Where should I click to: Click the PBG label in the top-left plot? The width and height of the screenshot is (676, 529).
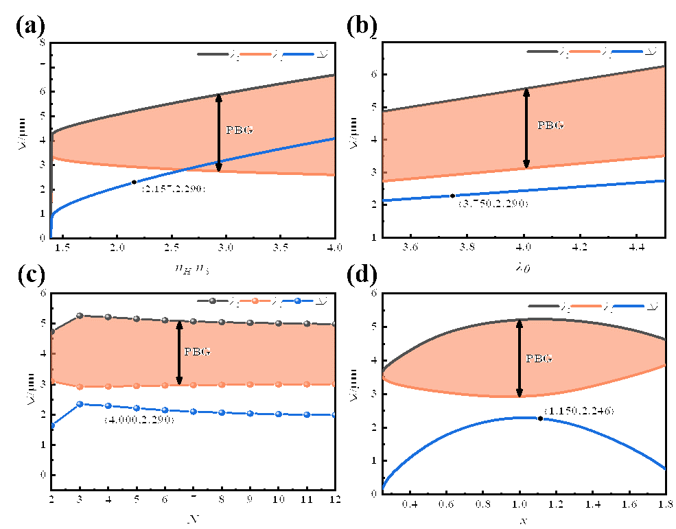click(239, 130)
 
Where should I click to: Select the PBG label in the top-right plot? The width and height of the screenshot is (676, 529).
click(550, 126)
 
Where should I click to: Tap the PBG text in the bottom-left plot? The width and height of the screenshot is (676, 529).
click(197, 352)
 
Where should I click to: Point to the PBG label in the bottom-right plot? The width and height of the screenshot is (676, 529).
click(539, 359)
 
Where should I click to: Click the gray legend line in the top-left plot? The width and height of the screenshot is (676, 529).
click(213, 54)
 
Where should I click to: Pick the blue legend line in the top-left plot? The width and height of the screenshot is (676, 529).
click(298, 54)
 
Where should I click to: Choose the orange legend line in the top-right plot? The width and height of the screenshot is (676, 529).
click(585, 51)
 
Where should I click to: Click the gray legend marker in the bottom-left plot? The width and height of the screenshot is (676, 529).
click(213, 301)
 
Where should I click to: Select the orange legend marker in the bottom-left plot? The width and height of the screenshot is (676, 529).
click(255, 301)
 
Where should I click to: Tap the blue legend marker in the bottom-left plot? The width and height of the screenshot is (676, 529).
click(298, 301)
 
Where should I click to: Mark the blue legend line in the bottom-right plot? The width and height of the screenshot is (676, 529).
click(628, 305)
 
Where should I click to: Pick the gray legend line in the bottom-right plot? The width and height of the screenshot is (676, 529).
click(544, 305)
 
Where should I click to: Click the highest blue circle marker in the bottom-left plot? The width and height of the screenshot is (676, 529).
click(80, 404)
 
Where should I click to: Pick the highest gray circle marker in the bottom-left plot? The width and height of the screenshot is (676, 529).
click(80, 316)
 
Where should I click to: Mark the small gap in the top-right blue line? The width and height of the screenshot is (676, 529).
click(454, 196)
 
